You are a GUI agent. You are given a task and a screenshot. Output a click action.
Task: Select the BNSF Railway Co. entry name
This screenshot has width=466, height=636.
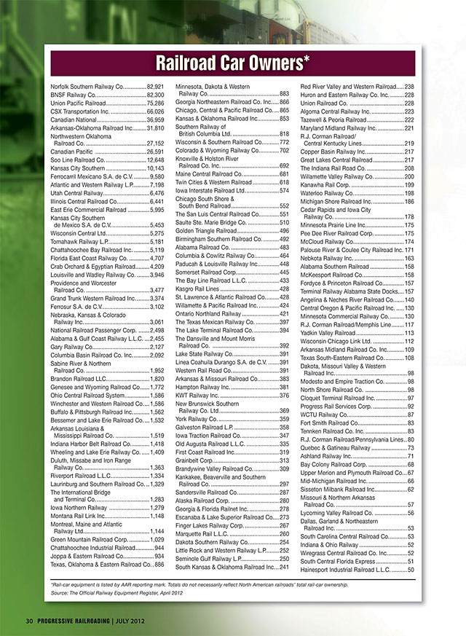pos(73,95)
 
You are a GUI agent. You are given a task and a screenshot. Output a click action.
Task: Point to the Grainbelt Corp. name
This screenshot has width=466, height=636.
pos(195,461)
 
